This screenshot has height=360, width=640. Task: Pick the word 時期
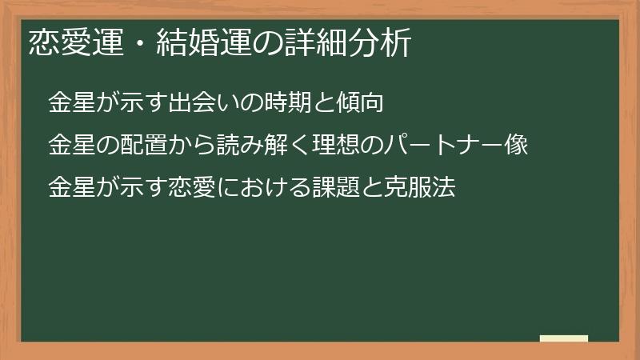278,104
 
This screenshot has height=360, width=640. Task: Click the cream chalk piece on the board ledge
564,339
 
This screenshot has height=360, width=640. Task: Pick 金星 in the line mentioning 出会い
70,104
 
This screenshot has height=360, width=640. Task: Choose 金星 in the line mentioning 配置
70,147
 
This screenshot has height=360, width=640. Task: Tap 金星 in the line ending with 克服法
70,190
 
